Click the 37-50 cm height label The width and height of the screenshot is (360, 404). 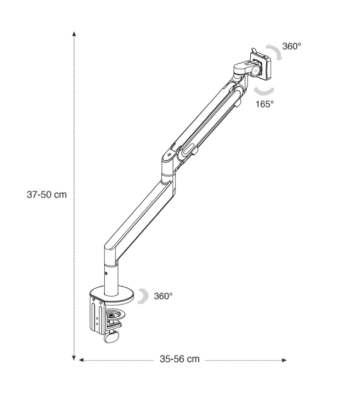[x=47, y=194]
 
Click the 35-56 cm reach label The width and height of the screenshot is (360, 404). [x=179, y=359]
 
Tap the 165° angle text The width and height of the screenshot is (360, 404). [x=265, y=104]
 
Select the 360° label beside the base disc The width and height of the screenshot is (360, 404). [x=163, y=296]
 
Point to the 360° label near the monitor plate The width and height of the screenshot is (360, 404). [x=291, y=46]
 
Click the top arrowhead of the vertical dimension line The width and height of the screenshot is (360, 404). [x=74, y=33]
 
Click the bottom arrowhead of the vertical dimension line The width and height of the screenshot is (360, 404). [x=74, y=358]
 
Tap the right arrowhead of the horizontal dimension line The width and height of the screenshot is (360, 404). [x=284, y=360]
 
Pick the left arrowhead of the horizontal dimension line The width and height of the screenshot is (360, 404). [x=81, y=360]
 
